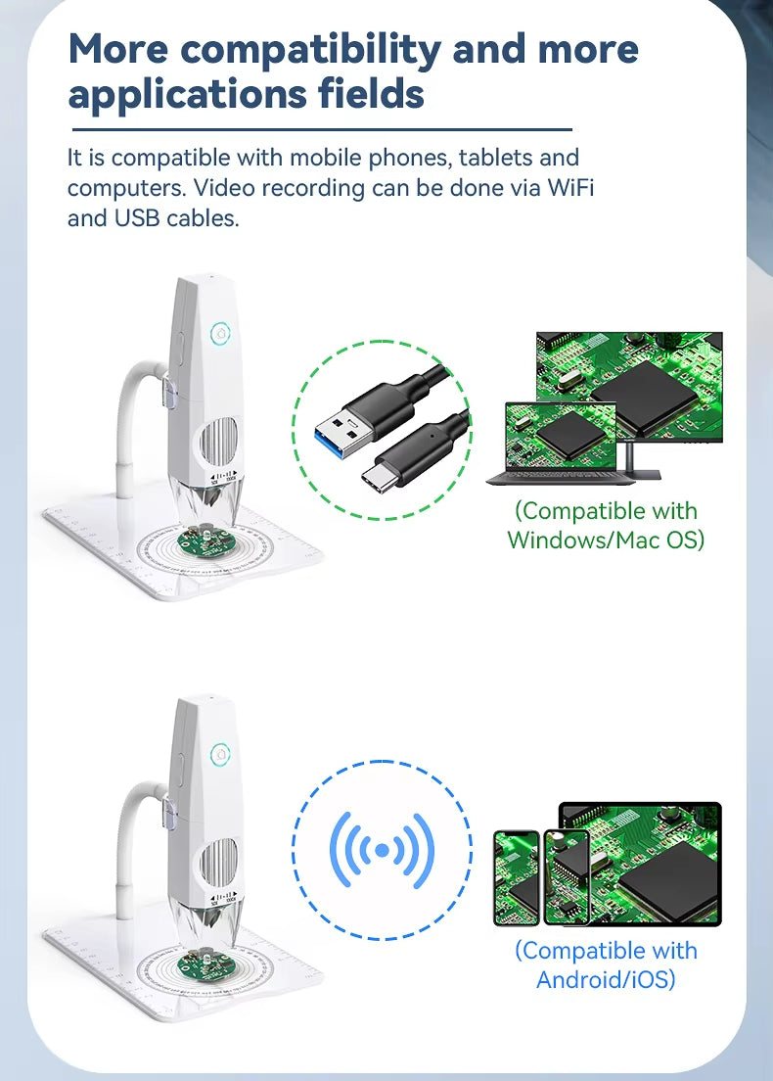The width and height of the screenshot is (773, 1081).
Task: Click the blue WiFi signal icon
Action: pyautogui.click(x=382, y=849)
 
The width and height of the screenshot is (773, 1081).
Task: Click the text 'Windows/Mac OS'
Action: pyautogui.click(x=606, y=539)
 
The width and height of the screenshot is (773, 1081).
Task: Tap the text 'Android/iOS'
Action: pyautogui.click(x=606, y=978)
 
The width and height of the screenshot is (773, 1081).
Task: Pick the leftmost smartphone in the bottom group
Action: pyautogui.click(x=516, y=876)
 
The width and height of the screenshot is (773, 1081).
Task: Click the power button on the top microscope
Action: pyautogui.click(x=220, y=334)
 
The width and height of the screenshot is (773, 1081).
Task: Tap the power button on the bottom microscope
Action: pyautogui.click(x=220, y=754)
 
